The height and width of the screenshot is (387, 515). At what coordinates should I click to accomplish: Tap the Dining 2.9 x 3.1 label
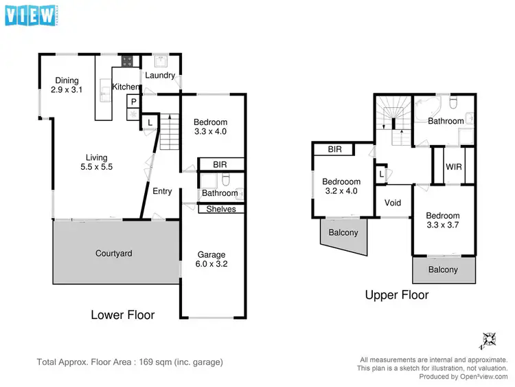pos(67,85)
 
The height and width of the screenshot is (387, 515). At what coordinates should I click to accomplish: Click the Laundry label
pos(159,76)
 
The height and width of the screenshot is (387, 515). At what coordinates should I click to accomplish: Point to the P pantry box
pos(133,102)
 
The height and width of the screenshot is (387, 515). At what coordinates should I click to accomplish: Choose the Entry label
pos(162,191)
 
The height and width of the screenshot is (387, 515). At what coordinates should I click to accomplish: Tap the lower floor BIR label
pos(220,164)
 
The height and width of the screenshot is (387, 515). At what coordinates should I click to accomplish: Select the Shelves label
pos(220,209)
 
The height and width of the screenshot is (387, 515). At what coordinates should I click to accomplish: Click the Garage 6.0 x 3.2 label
pos(212,259)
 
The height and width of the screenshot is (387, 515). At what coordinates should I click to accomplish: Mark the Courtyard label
pos(113,253)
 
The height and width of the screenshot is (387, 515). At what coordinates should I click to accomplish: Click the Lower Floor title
pos(122,315)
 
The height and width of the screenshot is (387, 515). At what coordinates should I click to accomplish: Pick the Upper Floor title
pos(397,295)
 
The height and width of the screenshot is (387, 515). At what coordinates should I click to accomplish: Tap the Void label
pos(393,203)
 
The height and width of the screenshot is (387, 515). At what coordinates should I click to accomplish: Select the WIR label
pos(453,166)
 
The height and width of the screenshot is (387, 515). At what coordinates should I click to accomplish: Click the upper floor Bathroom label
pos(446,121)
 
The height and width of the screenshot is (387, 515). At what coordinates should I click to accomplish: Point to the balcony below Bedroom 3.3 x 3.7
pos(443,269)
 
